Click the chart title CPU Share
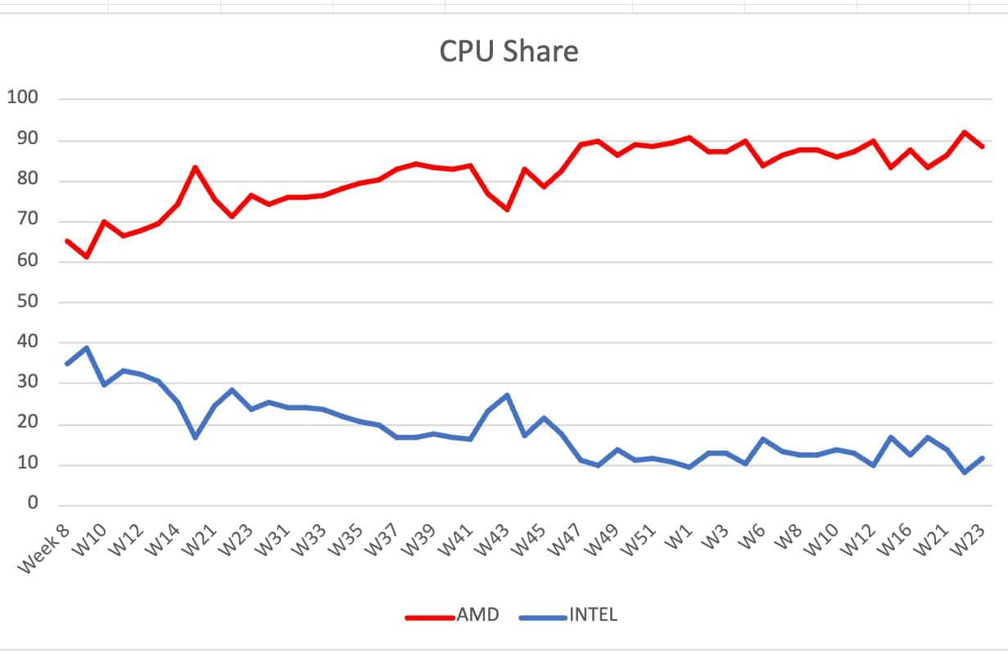pyautogui.click(x=509, y=51)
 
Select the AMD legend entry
pyautogui.click(x=476, y=614)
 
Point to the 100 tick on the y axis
pyautogui.click(x=23, y=97)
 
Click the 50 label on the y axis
pyautogui.click(x=28, y=301)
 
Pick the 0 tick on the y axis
pyautogui.click(x=33, y=504)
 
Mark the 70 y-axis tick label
pyautogui.click(x=28, y=220)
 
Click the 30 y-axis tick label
pyautogui.click(x=28, y=383)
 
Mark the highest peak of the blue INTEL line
pyautogui.click(x=86, y=347)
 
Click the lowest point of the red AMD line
pyautogui.click(x=86, y=256)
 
